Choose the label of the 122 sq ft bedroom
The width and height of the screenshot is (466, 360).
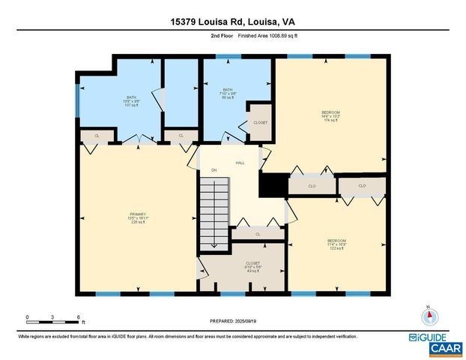coord(336,244)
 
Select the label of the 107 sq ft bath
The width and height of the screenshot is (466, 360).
coord(131,101)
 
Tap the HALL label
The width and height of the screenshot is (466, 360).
coord(240,163)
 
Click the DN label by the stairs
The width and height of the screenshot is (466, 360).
coord(214,170)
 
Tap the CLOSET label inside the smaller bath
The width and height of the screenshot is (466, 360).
coord(260,122)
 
